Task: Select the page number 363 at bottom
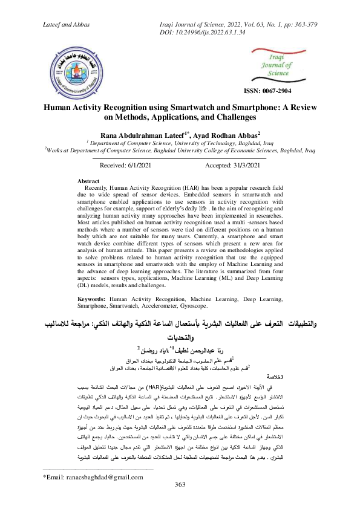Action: (180, 501)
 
